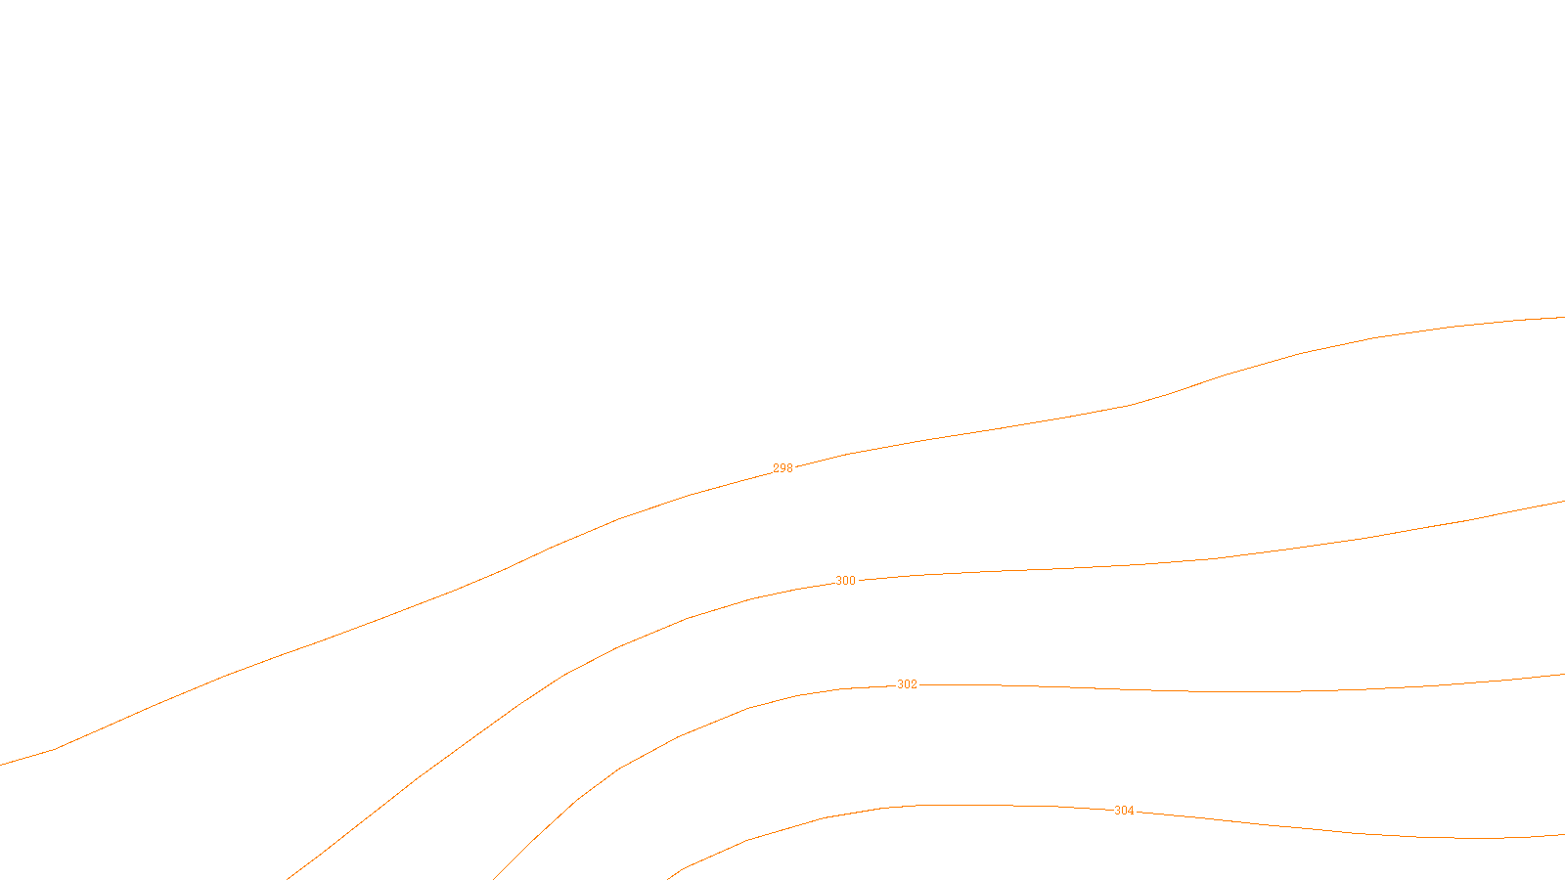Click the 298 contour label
click(782, 468)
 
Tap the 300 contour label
click(845, 581)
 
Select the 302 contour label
click(907, 684)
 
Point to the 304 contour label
click(1124, 811)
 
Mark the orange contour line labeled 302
click(1174, 691)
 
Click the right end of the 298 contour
click(1563, 317)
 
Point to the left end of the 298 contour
click(2, 765)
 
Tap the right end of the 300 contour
click(1563, 502)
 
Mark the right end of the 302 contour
click(1563, 675)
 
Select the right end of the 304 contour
click(1563, 835)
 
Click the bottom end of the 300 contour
click(288, 878)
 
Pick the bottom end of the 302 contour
click(495, 878)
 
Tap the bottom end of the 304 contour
click(669, 878)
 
